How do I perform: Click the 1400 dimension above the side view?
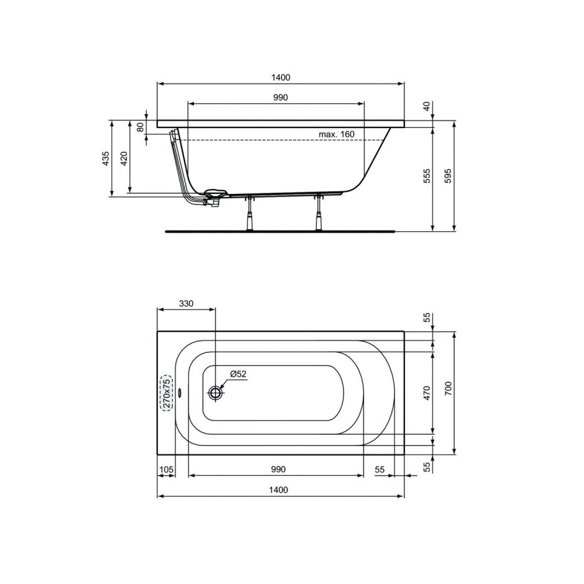pyautogui.click(x=280, y=78)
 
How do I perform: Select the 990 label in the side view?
pyautogui.click(x=280, y=97)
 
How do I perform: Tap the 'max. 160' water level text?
pyautogui.click(x=336, y=134)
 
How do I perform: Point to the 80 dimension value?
pyautogui.click(x=140, y=127)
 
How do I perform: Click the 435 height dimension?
pyautogui.click(x=106, y=158)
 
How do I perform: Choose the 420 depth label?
pyautogui.click(x=124, y=158)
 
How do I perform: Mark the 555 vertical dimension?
pyautogui.click(x=427, y=176)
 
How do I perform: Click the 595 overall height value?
pyautogui.click(x=448, y=176)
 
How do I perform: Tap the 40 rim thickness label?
pyautogui.click(x=427, y=106)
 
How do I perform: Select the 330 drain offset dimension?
pyautogui.click(x=186, y=304)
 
